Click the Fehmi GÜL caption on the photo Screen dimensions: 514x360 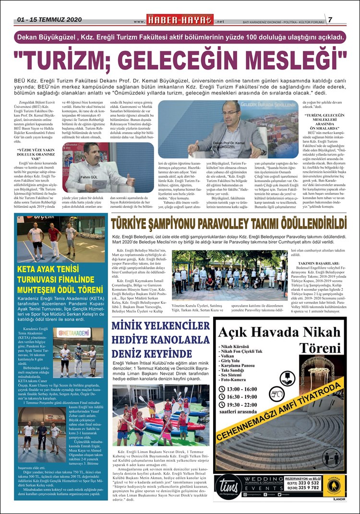(x=77, y=177)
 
